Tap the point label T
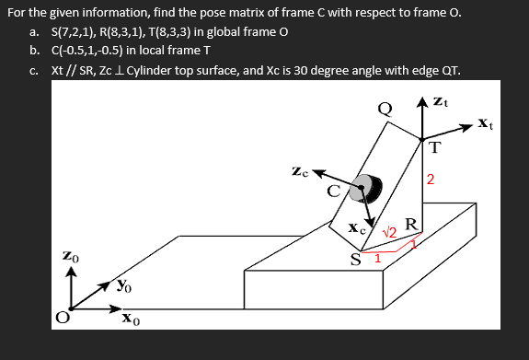point(434,146)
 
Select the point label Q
point(387,109)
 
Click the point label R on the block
point(411,224)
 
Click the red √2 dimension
point(388,230)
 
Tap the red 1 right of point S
point(377,257)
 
